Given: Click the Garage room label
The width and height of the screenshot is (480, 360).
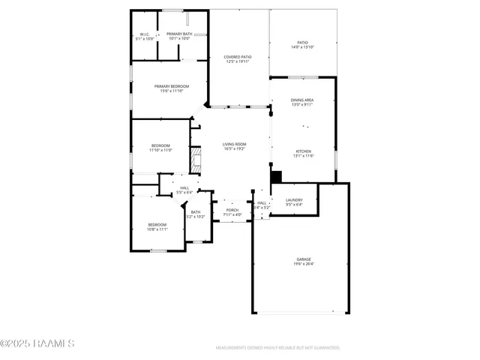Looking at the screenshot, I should (x=303, y=259).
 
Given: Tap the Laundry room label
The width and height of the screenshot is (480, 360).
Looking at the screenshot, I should (x=294, y=200).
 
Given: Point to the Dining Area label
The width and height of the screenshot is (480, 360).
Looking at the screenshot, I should (x=302, y=100).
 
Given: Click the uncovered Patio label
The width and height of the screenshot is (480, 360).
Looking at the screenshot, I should (x=302, y=43).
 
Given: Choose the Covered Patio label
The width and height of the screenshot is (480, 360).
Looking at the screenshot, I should (x=237, y=57).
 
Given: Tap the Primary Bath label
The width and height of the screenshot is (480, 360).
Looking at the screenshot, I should (x=179, y=34).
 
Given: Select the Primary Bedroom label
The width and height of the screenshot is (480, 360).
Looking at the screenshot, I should (x=172, y=86).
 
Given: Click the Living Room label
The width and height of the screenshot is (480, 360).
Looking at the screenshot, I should (x=235, y=144).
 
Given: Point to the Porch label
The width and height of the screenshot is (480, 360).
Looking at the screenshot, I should (x=232, y=210).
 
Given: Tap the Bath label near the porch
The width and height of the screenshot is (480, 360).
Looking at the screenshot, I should (x=195, y=212).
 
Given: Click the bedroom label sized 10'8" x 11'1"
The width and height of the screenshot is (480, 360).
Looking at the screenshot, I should (x=157, y=225).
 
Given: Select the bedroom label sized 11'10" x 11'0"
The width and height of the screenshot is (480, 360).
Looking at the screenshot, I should (x=161, y=145).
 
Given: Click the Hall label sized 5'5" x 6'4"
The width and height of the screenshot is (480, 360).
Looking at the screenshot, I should (x=184, y=188).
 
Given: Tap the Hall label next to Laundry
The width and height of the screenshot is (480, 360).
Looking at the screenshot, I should (x=262, y=202).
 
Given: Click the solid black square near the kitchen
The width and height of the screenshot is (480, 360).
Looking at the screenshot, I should (x=275, y=176).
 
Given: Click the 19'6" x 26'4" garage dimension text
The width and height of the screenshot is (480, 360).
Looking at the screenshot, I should (x=303, y=264).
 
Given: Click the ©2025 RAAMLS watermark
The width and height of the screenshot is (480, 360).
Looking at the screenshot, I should (x=37, y=344).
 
